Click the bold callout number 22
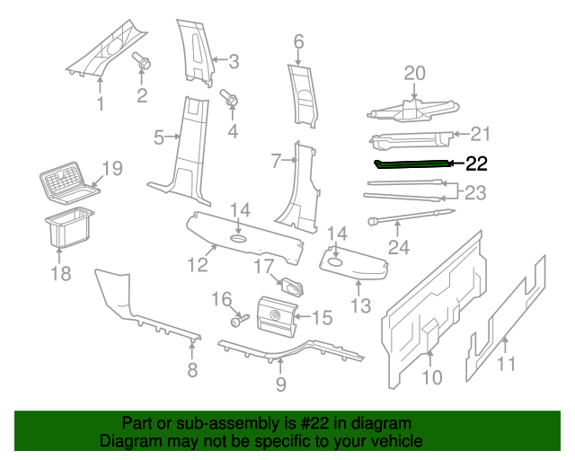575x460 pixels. tap(476, 164)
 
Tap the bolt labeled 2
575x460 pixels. tap(142, 62)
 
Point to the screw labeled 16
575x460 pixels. tap(238, 319)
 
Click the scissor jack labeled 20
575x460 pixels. tap(411, 111)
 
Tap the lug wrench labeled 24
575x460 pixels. tap(409, 216)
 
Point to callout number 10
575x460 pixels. tap(432, 377)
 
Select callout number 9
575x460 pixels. tap(280, 385)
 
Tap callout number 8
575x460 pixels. tap(191, 371)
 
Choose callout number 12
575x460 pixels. tap(197, 264)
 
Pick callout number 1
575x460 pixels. tap(100, 104)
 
